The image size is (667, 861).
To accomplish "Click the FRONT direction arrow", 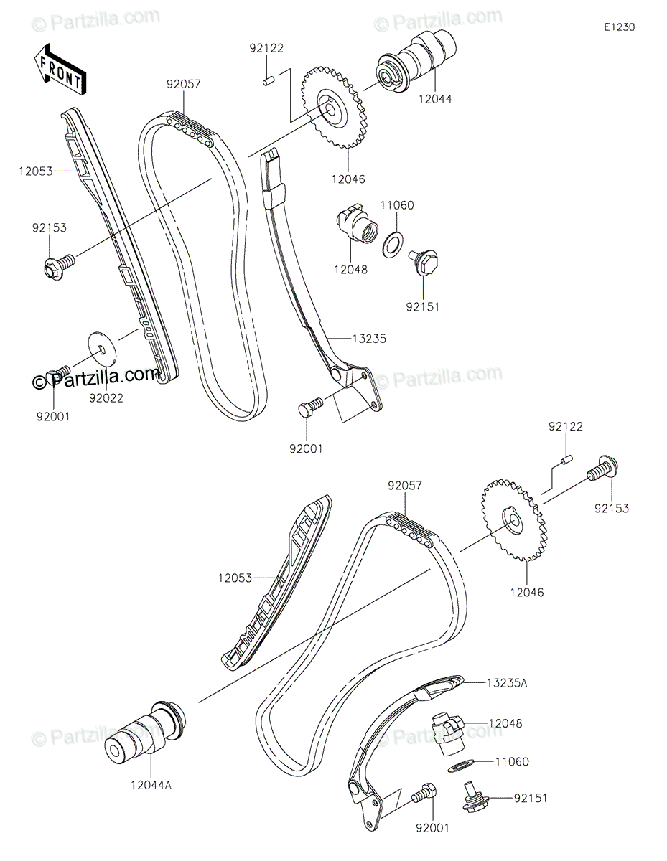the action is coord(60,70).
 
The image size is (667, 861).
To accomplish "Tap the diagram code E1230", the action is coord(619,27).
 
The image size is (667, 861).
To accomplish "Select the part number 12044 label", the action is coord(435,99).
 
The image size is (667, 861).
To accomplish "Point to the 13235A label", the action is coord(507,682).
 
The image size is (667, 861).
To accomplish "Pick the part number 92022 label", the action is coord(106,397).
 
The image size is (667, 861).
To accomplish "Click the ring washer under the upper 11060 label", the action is coord(393,245).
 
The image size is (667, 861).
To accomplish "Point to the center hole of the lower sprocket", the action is coord(513,519).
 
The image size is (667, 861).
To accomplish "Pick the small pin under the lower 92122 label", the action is coord(566,460).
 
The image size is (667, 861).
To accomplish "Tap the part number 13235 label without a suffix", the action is coord(369,339).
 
